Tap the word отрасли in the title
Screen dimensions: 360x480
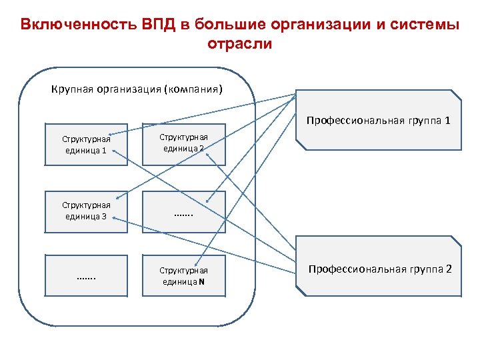coord(240,44)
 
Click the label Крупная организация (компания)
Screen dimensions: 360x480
coord(137,89)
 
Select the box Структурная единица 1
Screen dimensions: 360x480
coord(86,144)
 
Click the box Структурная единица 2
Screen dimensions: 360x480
coord(183,143)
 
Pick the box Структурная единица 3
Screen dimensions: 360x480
coord(86,211)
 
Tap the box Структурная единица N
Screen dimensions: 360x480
coord(183,275)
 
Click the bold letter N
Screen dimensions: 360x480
coord(201,281)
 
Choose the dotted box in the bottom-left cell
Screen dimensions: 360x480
coord(86,275)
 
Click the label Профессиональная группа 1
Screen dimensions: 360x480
coord(378,121)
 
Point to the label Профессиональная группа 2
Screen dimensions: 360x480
coord(379,269)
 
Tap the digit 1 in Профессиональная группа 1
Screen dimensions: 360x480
coord(448,121)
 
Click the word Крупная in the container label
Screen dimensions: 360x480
coord(71,89)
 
